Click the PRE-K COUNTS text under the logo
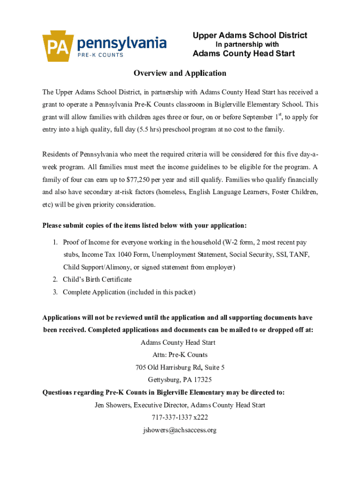pos(100,55)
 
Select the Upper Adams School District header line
pos(250,35)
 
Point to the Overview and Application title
pos(180,73)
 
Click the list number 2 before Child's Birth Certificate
pos(55,279)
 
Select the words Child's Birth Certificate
pos(97,279)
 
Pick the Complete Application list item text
pos(129,292)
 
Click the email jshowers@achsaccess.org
pos(180,430)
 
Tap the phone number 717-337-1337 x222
pos(180,417)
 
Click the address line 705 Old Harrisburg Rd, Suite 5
pos(180,367)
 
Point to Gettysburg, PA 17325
pos(180,380)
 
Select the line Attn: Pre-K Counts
pos(180,355)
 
